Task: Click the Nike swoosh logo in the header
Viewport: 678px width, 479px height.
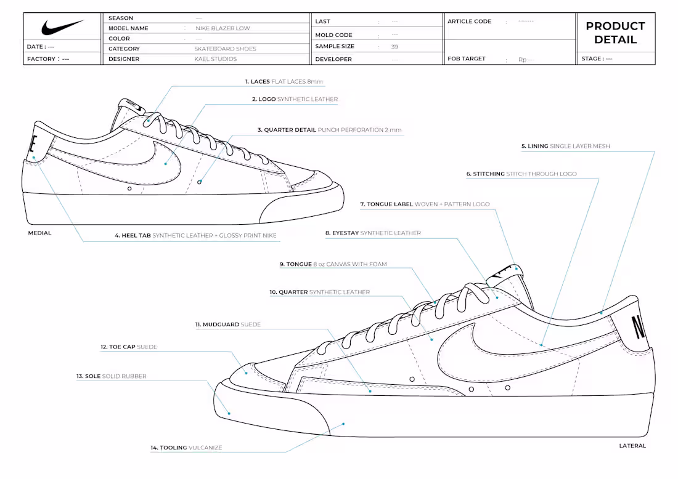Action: click(63, 28)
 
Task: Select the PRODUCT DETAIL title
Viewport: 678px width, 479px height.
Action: click(615, 33)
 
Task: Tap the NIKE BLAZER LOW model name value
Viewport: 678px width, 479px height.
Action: click(223, 28)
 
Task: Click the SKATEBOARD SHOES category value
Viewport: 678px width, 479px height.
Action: click(225, 49)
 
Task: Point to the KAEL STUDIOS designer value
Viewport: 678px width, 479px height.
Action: click(215, 59)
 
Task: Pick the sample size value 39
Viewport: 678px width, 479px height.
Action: click(394, 46)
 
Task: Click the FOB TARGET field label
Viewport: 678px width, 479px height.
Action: click(467, 59)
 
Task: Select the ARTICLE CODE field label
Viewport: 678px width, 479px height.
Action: click(470, 22)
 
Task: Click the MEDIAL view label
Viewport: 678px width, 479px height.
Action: click(39, 233)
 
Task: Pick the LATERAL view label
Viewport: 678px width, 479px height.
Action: click(632, 446)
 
